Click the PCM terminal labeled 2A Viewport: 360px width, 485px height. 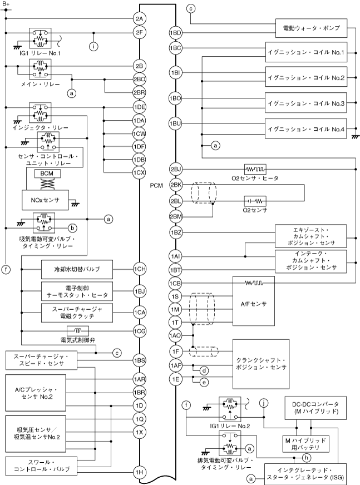(140, 18)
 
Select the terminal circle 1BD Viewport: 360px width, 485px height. (176, 33)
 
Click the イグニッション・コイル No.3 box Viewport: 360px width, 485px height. (306, 102)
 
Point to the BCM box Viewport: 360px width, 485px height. (44, 174)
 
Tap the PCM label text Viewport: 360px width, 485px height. (157, 186)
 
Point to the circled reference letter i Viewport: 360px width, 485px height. (94, 46)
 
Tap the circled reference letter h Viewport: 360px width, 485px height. (306, 458)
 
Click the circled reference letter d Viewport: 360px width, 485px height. (205, 370)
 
